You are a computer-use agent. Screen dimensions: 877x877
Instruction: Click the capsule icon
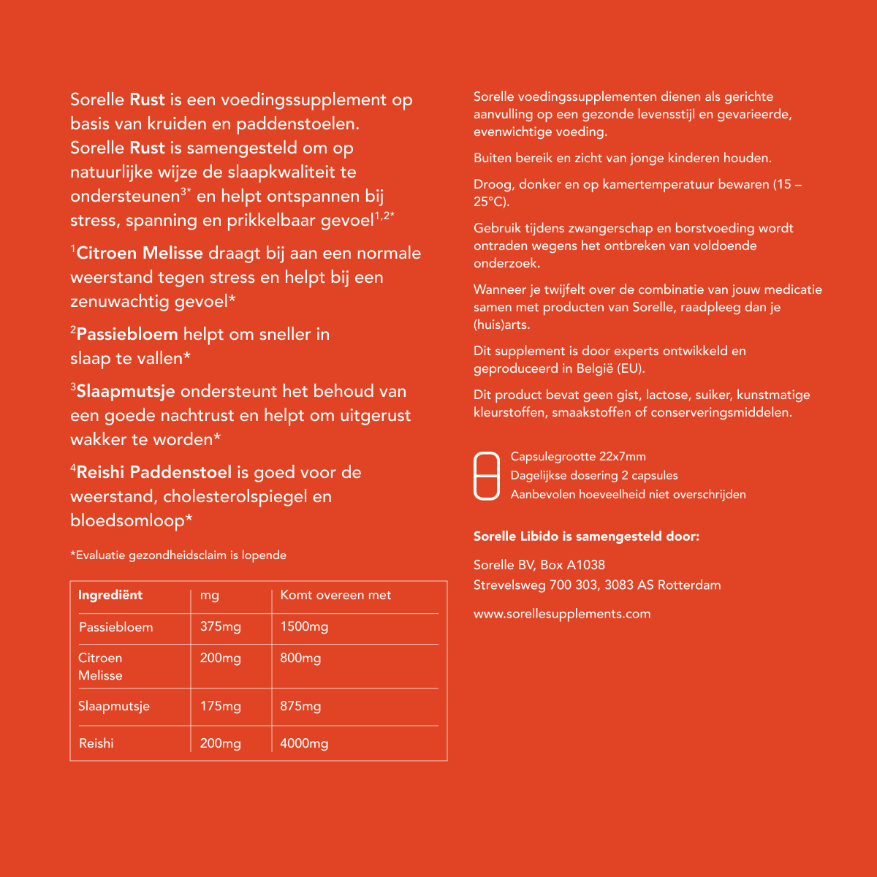(x=487, y=476)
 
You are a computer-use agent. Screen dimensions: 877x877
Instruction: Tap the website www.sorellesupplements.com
(x=561, y=614)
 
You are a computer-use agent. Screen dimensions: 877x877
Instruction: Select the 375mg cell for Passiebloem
(x=220, y=627)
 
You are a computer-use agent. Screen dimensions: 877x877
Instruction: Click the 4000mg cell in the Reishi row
(x=304, y=743)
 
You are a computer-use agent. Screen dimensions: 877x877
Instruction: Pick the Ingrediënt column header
(x=110, y=595)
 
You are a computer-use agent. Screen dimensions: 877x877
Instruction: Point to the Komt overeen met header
(x=335, y=595)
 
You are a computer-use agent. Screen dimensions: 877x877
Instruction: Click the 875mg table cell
(x=300, y=706)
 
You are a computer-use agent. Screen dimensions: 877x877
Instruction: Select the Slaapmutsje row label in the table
(x=114, y=706)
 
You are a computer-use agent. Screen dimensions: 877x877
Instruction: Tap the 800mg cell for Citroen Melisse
(x=300, y=658)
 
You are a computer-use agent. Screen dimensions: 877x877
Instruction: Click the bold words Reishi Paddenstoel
(x=153, y=472)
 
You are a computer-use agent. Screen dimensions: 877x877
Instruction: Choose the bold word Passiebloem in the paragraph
(x=127, y=334)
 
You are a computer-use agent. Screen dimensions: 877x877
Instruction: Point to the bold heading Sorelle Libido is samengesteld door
(x=586, y=536)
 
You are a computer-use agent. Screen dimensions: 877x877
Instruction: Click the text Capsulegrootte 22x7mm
(x=577, y=457)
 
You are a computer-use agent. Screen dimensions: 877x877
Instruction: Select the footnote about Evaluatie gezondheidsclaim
(x=178, y=555)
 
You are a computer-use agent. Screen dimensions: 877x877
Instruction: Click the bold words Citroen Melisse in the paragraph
(x=140, y=253)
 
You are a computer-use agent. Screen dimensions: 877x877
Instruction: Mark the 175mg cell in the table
(x=220, y=706)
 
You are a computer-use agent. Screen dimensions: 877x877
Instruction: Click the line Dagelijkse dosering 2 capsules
(x=593, y=476)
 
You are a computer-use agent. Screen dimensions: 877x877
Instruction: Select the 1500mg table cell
(x=304, y=627)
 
